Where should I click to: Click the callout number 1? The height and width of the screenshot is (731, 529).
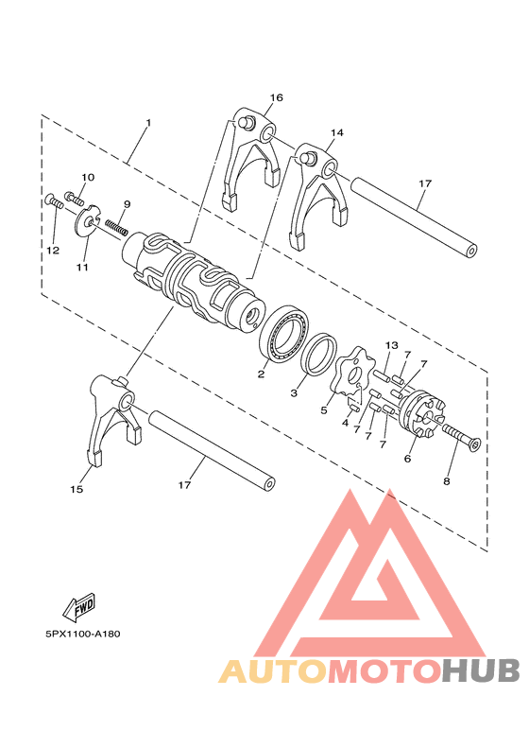[148, 124]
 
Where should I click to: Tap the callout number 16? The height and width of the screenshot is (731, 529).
[276, 98]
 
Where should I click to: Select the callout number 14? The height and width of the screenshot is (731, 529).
[337, 133]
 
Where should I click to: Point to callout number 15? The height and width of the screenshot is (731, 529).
[77, 489]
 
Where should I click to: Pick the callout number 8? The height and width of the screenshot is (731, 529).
[446, 480]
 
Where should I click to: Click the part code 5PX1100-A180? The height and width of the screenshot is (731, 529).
[82, 635]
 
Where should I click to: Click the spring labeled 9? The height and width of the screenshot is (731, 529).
[117, 226]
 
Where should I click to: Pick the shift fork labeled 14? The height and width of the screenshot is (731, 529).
[313, 194]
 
